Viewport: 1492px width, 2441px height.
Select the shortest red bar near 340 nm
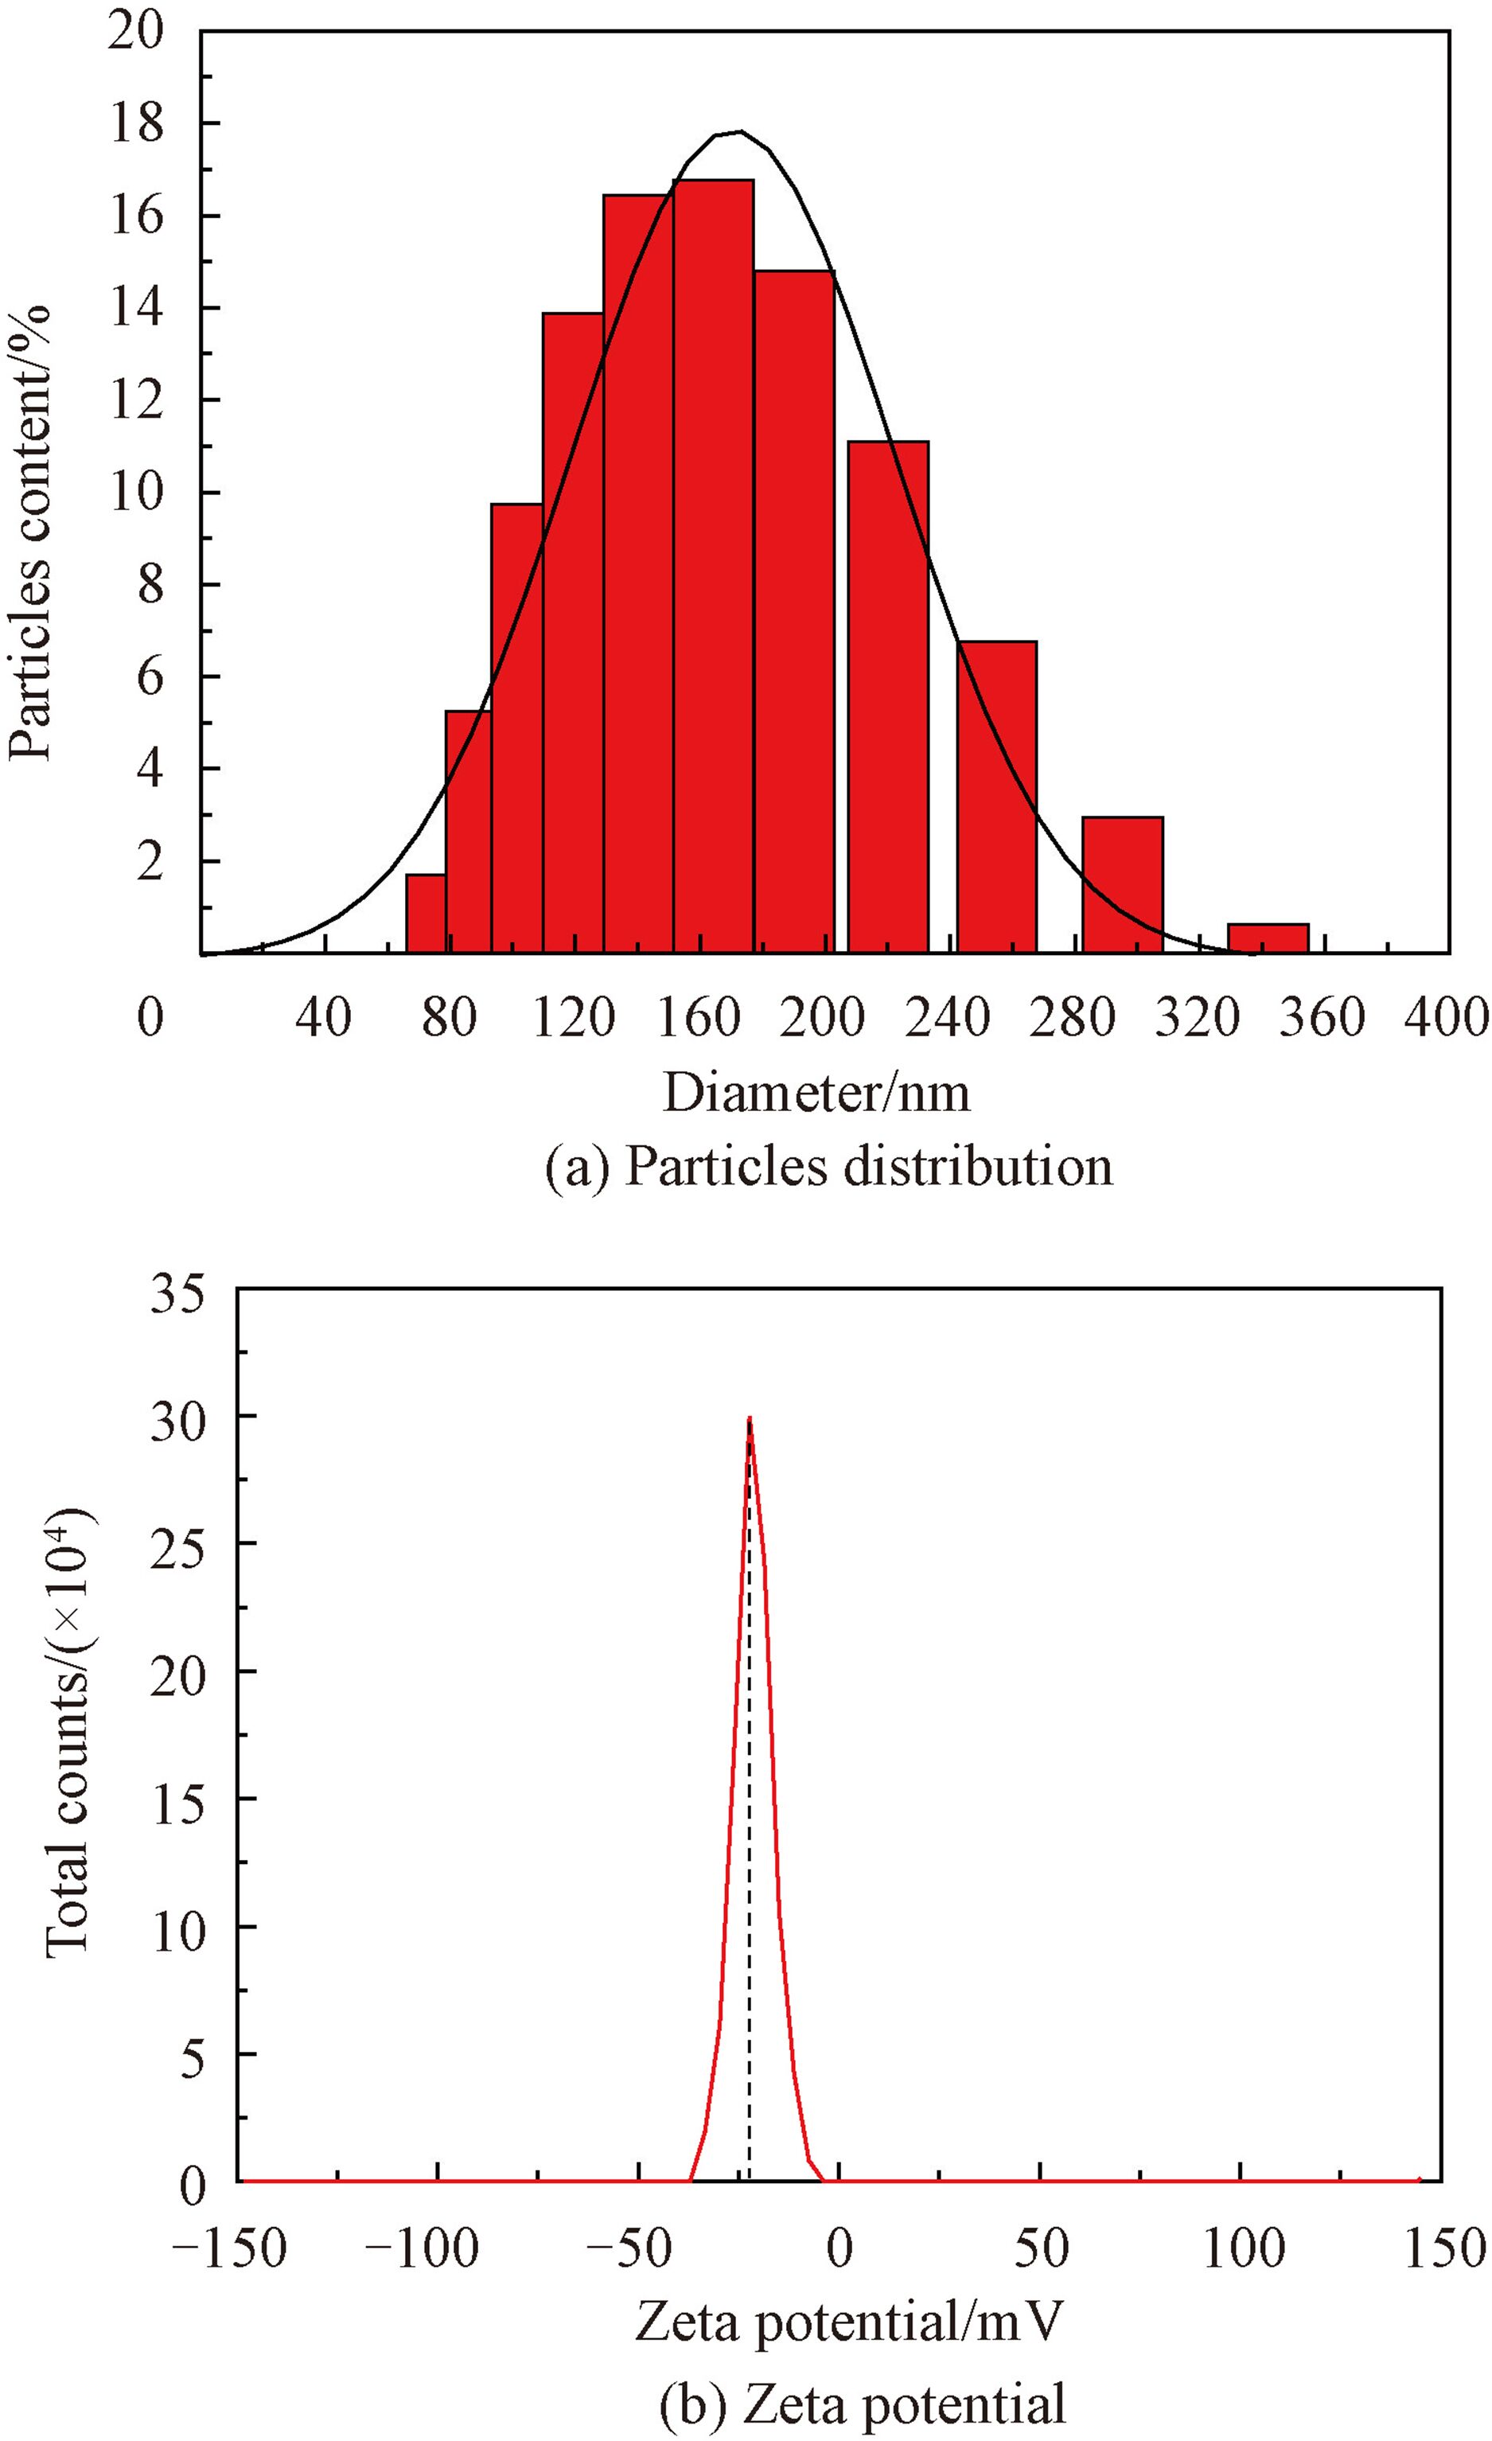1268,938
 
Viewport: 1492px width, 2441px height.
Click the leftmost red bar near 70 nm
425,914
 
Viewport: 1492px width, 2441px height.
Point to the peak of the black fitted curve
738,132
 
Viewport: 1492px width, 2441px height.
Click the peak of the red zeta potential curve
750,1418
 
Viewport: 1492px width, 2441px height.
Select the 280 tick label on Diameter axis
1074,1017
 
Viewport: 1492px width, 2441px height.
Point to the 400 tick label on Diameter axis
1447,1017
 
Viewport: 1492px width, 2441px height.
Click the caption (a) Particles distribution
829,1167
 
